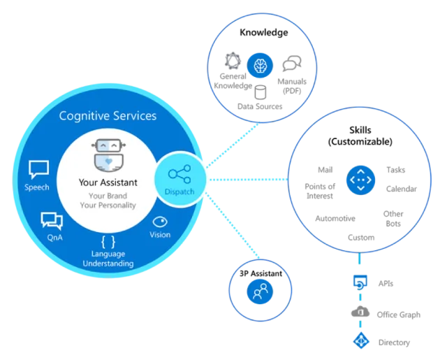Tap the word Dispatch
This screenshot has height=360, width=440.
point(179,192)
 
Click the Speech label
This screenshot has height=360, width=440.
point(38,187)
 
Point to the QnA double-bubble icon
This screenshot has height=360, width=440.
point(52,220)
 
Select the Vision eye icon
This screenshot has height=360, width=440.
point(160,221)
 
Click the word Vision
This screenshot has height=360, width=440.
point(160,235)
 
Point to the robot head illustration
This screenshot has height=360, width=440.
point(108,155)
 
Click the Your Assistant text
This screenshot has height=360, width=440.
point(108,183)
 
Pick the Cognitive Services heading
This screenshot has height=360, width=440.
point(108,115)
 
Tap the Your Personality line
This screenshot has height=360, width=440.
point(108,206)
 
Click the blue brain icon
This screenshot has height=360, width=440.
point(260,66)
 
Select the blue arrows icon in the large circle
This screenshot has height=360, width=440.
point(360,181)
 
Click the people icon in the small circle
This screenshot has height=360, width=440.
point(258,292)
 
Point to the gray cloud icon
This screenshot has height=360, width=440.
point(361,312)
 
